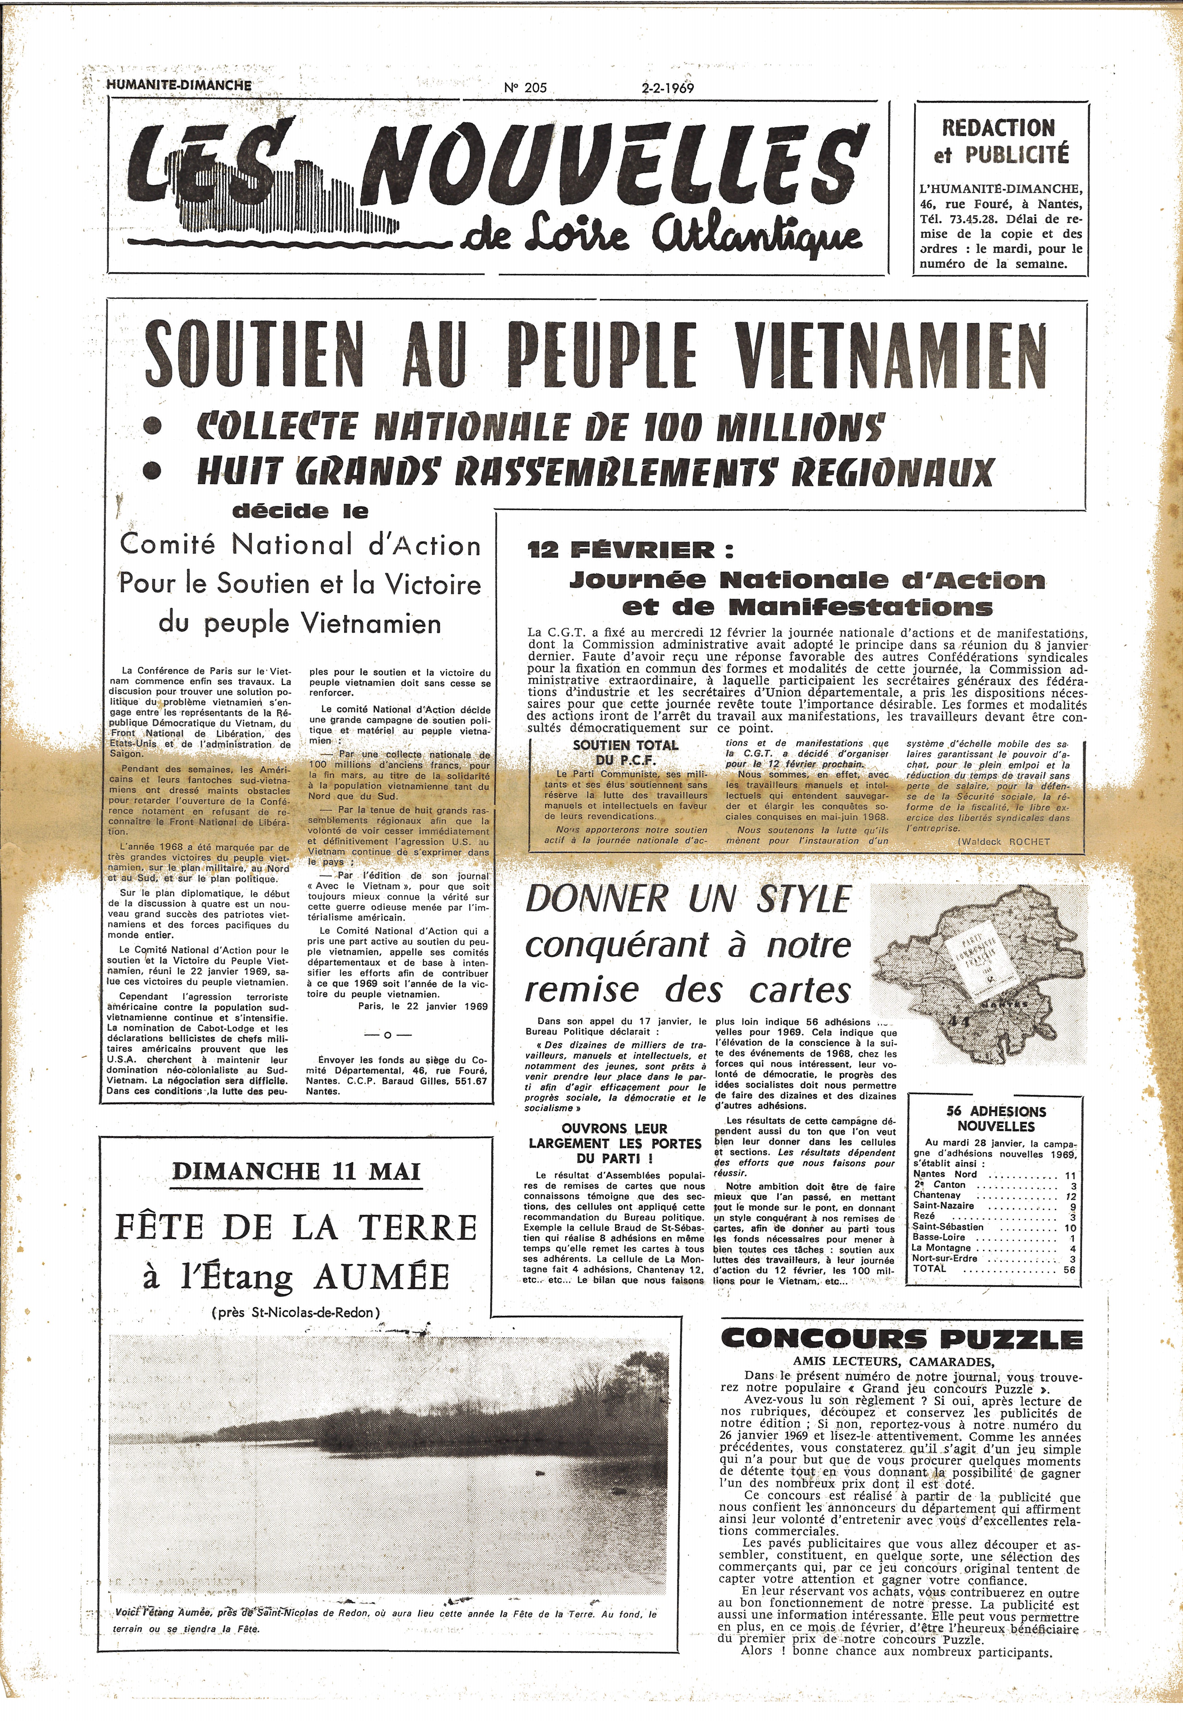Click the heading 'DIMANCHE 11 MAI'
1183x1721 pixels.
click(x=297, y=1171)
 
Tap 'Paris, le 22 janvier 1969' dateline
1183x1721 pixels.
click(x=422, y=1007)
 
